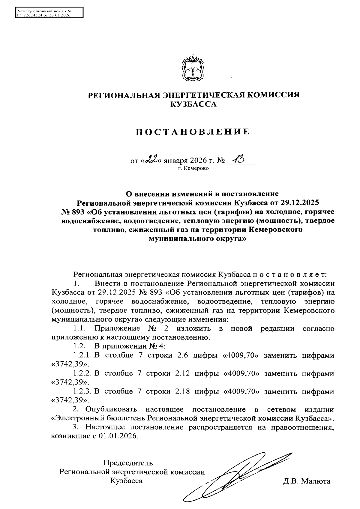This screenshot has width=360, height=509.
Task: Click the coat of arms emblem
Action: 193,68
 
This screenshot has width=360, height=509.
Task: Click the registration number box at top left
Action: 49,13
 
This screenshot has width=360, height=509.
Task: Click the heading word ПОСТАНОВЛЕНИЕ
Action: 193,132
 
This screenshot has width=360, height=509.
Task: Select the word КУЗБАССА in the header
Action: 193,104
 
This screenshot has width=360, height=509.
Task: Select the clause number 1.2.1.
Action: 82,355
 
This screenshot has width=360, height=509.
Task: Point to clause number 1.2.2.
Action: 82,374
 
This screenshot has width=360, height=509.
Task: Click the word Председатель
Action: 128,463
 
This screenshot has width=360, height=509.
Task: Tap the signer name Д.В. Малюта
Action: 306,481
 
